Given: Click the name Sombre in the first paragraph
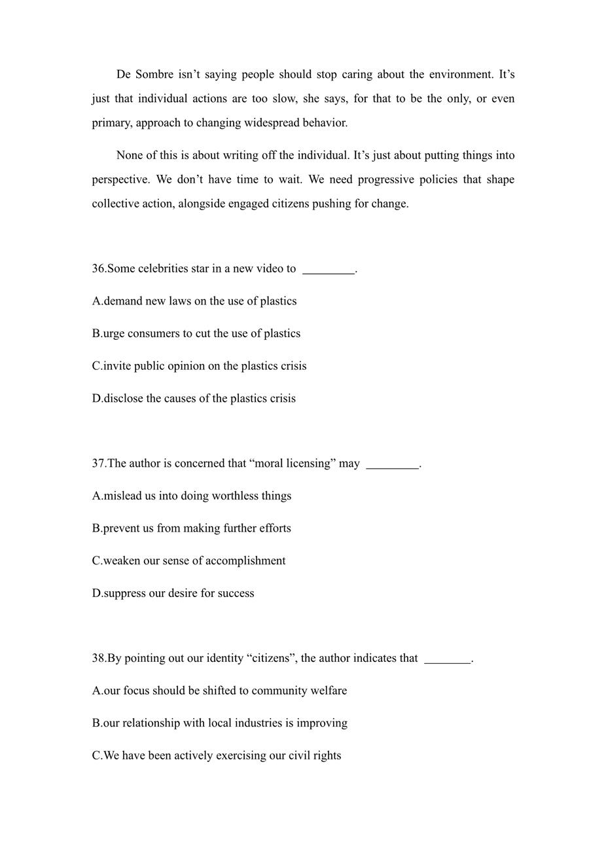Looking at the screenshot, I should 154,75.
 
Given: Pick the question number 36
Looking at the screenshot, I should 99,268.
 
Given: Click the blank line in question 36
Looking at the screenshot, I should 329,270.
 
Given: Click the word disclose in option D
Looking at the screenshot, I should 124,399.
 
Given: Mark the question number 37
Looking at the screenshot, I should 99,464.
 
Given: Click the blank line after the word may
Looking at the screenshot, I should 392,465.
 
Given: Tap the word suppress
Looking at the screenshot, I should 125,594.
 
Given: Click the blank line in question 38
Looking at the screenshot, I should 448,660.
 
